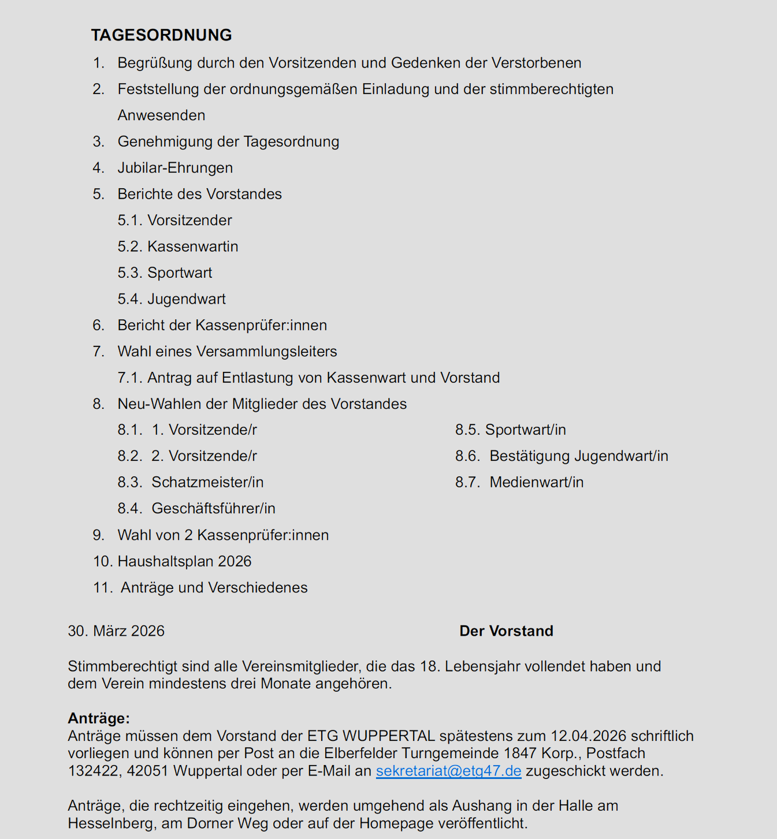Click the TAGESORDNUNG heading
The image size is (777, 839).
[x=161, y=35]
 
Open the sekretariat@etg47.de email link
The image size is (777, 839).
[x=448, y=771]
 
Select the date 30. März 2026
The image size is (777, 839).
[x=116, y=631]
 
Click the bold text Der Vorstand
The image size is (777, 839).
[x=506, y=631]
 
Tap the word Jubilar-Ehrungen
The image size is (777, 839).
[x=175, y=167]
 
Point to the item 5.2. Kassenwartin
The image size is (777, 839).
[x=178, y=247]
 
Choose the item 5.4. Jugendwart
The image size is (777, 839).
[x=172, y=299]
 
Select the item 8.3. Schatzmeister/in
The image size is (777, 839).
[x=191, y=482]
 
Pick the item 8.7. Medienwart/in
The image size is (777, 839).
[x=519, y=482]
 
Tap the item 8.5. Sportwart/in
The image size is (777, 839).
[x=511, y=430]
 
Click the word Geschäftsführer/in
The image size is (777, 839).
[x=213, y=508]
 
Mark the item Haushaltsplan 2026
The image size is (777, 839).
[x=184, y=561]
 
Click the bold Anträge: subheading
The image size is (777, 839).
[x=99, y=718]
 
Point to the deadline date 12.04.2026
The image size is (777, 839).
[x=589, y=736]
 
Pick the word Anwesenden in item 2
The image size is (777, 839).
[x=161, y=115]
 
